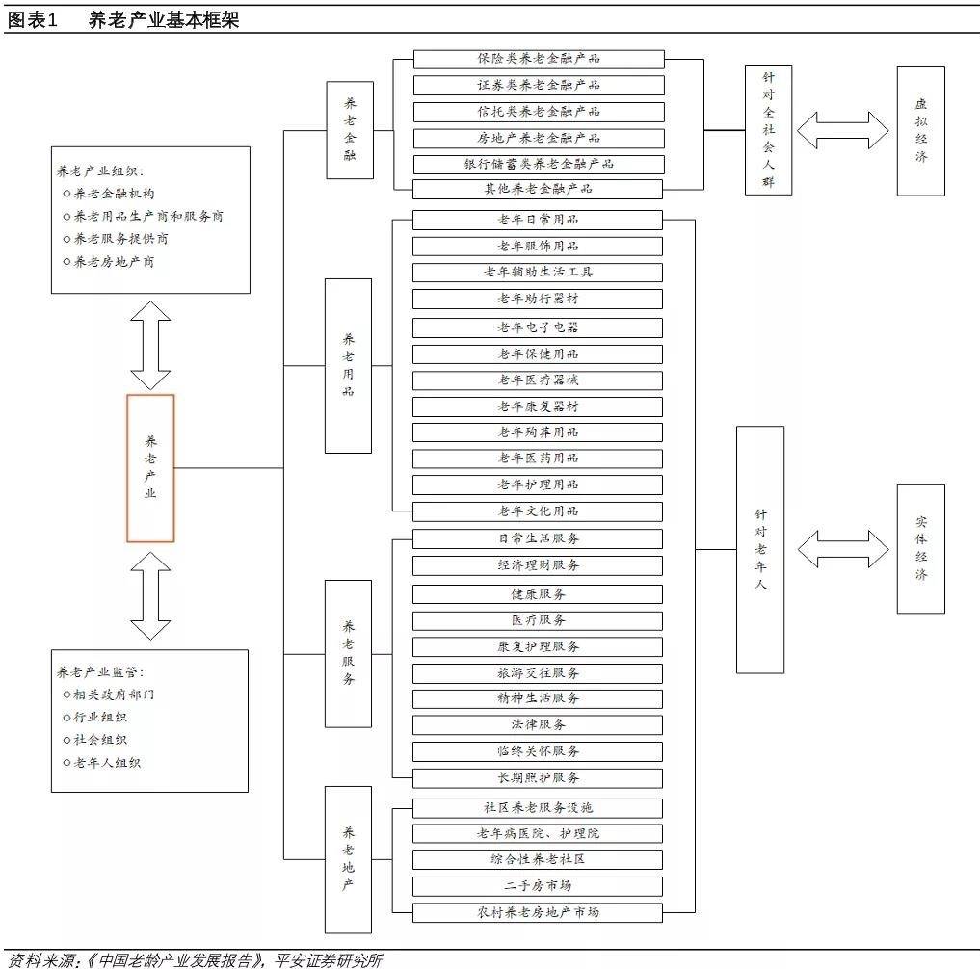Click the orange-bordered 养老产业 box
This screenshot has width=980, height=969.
[150, 468]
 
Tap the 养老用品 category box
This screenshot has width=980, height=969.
[348, 365]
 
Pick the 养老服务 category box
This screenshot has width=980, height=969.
[348, 653]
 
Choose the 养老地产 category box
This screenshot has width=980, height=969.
[348, 858]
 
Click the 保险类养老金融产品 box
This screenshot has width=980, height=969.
[539, 59]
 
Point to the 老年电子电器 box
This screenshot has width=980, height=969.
[539, 327]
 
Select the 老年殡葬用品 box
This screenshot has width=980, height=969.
[539, 432]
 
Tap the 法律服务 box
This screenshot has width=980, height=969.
[539, 724]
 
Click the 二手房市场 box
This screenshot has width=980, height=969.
[539, 886]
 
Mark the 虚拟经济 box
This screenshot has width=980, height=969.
[920, 131]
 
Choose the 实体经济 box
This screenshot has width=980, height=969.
[920, 548]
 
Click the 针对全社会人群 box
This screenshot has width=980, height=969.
[768, 131]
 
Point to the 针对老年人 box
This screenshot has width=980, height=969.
[760, 549]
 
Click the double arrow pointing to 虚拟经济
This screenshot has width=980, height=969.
[843, 130]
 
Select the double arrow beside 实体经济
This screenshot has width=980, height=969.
[843, 549]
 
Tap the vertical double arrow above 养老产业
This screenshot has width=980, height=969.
[150, 344]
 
